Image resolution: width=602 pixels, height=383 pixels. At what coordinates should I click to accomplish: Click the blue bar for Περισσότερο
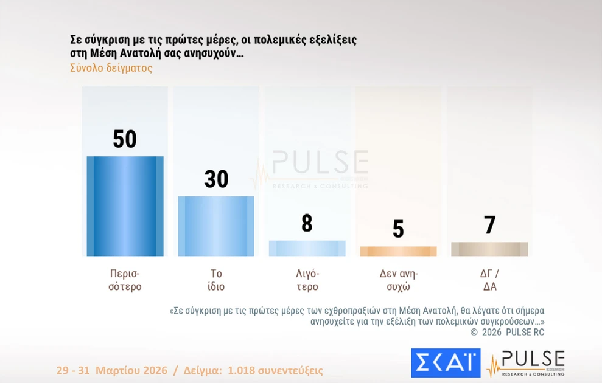(125, 206)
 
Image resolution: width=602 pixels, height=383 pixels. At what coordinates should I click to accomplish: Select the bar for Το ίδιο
(216, 226)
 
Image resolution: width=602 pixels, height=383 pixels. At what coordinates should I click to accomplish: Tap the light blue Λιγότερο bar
(307, 248)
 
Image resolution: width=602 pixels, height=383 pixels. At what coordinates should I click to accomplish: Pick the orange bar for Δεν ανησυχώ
(398, 251)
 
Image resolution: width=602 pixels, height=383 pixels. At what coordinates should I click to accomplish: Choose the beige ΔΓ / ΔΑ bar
(489, 249)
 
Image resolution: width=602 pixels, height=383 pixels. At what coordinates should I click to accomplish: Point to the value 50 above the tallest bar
(125, 139)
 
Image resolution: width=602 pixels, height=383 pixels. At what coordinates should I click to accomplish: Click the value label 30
(216, 179)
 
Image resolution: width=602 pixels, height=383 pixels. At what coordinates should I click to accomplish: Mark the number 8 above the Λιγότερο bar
(307, 224)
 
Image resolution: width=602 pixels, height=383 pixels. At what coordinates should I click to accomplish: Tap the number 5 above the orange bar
(398, 229)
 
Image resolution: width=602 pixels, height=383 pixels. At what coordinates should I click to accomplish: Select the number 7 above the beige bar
(489, 226)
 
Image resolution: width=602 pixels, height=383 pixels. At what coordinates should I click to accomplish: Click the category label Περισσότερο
(125, 280)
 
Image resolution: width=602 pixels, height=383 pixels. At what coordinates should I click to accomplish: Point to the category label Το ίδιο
(216, 280)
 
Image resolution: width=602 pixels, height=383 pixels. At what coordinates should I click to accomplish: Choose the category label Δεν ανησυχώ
(398, 280)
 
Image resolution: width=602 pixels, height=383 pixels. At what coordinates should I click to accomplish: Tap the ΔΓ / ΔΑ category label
(489, 280)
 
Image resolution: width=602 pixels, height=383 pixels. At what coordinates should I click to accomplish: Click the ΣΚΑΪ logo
(446, 363)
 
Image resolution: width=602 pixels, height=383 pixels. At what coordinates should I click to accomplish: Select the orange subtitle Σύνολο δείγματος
(111, 68)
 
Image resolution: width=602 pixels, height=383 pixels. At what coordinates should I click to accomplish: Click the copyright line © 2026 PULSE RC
(507, 332)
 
